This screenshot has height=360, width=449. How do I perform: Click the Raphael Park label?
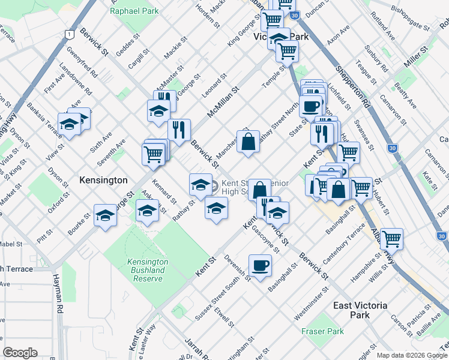pyautogui.click(x=135, y=11)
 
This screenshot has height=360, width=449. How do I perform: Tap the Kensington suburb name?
pyautogui.click(x=104, y=180)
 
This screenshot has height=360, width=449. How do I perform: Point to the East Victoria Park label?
pyautogui.click(x=360, y=310)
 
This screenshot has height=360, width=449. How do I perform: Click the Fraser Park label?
pyautogui.click(x=323, y=331)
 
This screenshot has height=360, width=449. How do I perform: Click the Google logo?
pyautogui.click(x=20, y=353)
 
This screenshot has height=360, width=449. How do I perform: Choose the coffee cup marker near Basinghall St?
pyautogui.click(x=261, y=265)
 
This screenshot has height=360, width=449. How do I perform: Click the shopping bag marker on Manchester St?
pyautogui.click(x=248, y=142)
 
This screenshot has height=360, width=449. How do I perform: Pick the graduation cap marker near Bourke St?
pyautogui.click(x=105, y=215)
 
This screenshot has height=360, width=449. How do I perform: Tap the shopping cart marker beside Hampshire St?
pyautogui.click(x=391, y=239)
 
